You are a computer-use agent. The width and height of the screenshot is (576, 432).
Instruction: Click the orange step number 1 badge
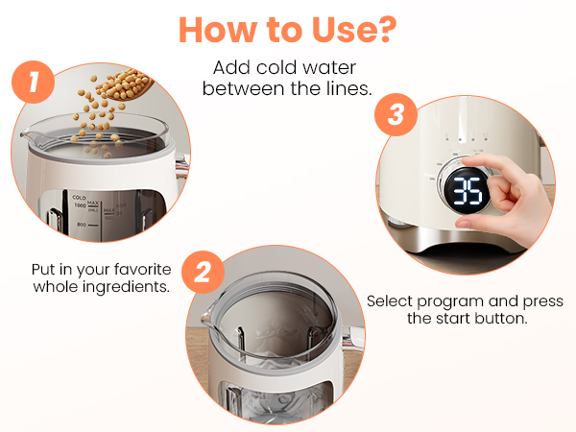tap(36, 84)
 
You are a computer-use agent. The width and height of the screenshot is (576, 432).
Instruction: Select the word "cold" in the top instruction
tap(271, 69)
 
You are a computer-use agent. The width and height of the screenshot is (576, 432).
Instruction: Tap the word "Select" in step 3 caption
tap(391, 300)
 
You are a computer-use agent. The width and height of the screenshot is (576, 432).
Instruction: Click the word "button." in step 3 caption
tap(504, 319)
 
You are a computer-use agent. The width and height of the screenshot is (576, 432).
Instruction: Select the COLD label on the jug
tap(78, 197)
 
